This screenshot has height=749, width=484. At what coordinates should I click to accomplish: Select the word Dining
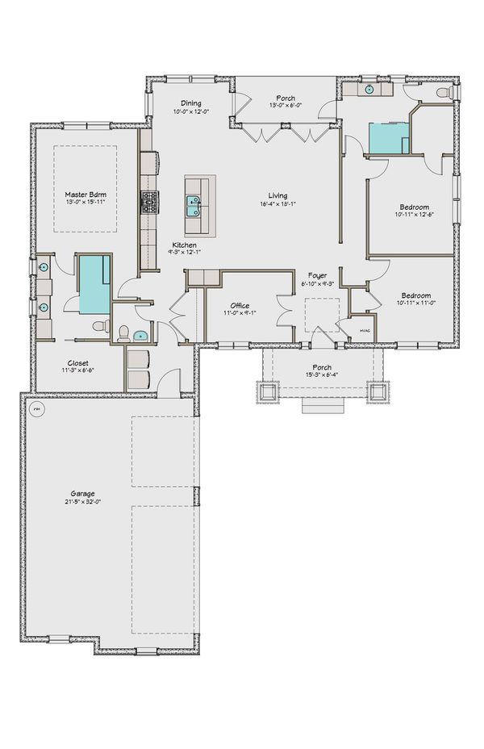190,103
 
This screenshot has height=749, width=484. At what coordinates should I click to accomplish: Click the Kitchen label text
184,245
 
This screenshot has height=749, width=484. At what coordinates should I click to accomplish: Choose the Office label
240,305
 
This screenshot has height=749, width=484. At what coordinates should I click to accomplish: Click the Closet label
78,363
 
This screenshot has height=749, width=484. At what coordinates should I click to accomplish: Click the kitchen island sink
194,207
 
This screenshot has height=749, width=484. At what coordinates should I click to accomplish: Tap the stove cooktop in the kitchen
148,201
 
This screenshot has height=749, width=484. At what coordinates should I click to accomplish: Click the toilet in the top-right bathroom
443,94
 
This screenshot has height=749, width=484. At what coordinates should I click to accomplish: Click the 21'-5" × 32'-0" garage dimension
83,501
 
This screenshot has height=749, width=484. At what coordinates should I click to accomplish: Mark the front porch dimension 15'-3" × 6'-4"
321,376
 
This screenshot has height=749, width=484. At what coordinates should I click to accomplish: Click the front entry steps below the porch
320,406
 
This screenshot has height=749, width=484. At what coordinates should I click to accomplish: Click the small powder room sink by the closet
142,335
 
